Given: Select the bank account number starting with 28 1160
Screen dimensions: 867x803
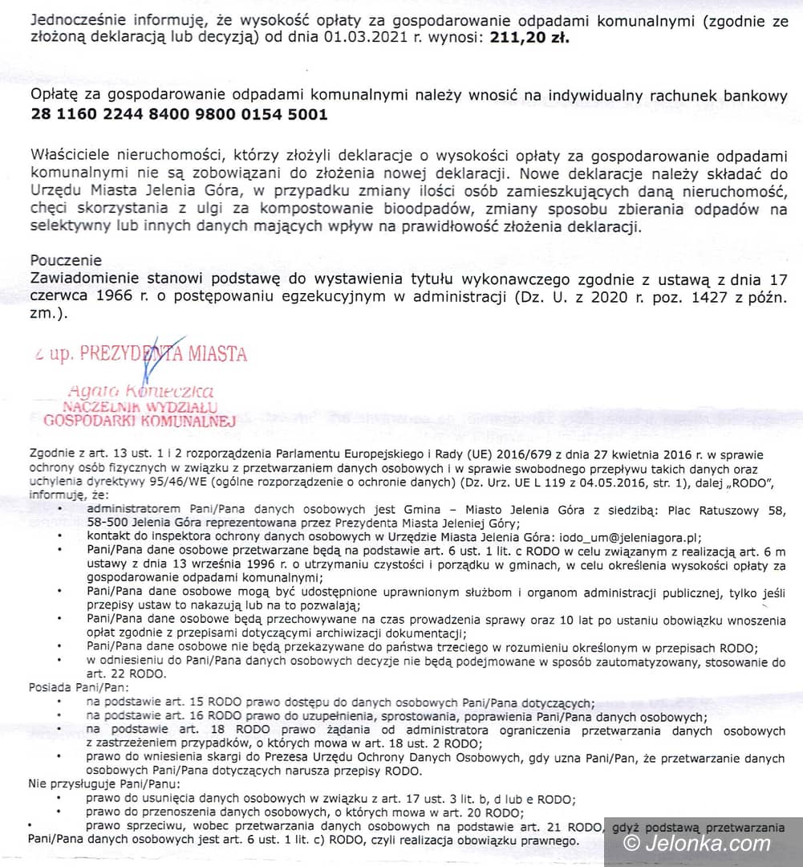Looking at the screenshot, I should [x=179, y=114].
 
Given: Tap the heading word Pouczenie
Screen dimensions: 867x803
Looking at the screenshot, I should [x=67, y=260].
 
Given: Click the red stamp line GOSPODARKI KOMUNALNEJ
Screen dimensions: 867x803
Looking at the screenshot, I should [x=138, y=420].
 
